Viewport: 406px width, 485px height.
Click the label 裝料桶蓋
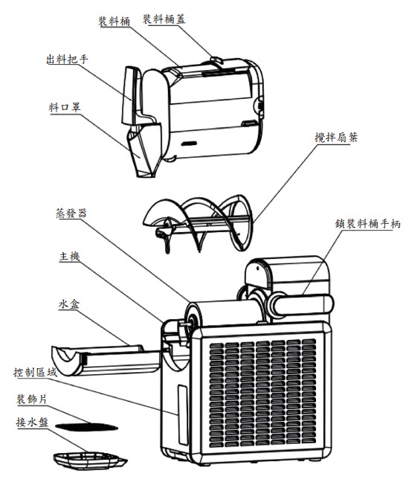click(x=164, y=19)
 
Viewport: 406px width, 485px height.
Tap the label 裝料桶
click(x=115, y=21)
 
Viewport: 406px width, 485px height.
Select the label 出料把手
click(x=67, y=59)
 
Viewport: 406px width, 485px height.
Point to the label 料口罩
click(x=65, y=107)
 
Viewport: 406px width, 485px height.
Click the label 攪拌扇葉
click(x=336, y=137)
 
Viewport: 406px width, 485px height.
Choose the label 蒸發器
click(x=71, y=213)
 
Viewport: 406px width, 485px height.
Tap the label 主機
click(x=70, y=257)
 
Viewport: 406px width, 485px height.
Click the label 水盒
click(x=69, y=304)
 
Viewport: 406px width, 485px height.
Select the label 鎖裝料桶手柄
click(x=367, y=224)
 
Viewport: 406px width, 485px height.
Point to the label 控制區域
click(x=35, y=372)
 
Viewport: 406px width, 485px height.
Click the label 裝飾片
click(x=31, y=399)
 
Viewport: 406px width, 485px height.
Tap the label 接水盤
click(x=32, y=422)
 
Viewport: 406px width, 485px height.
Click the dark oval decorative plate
click(x=86, y=427)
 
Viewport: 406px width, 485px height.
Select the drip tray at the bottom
click(x=90, y=461)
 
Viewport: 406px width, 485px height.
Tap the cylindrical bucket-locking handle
click(x=301, y=305)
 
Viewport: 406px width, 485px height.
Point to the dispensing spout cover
click(x=145, y=150)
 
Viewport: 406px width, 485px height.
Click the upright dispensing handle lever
click(x=129, y=96)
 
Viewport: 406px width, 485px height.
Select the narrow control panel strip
click(x=182, y=415)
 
